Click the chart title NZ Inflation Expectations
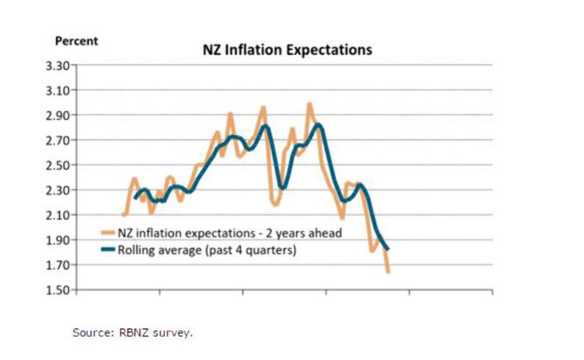click(287, 50)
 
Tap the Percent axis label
click(76, 41)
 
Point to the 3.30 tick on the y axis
click(56, 66)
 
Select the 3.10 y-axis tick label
click(56, 91)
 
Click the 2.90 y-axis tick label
click(56, 115)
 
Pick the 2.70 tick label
click(56, 140)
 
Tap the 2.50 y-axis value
click(56, 165)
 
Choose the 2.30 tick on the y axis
click(56, 190)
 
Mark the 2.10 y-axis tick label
click(56, 215)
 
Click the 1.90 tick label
click(56, 240)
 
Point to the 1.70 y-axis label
click(56, 265)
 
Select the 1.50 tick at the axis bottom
click(56, 290)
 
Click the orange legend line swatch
click(107, 234)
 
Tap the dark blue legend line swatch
click(107, 250)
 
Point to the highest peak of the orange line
click(309, 104)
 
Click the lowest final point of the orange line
click(388, 272)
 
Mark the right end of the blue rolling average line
click(388, 250)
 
